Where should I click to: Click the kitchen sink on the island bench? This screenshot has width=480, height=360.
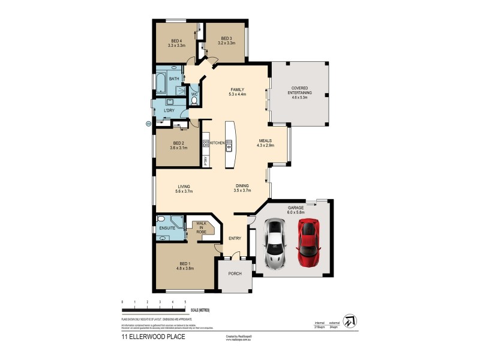pos(229,142)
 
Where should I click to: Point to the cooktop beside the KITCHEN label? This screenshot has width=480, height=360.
pos(205,143)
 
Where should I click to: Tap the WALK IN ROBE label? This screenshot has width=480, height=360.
pos(200,227)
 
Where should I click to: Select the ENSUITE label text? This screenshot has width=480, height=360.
pos(167,229)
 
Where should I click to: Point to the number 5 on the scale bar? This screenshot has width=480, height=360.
pos(185,301)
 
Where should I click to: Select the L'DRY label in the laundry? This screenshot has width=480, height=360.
pos(169,110)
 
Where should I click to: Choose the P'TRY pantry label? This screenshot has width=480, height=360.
pos(205,160)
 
